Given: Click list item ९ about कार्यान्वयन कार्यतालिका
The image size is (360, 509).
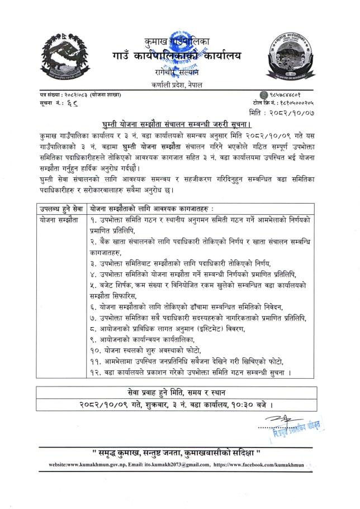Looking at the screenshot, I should pos(150,341).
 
